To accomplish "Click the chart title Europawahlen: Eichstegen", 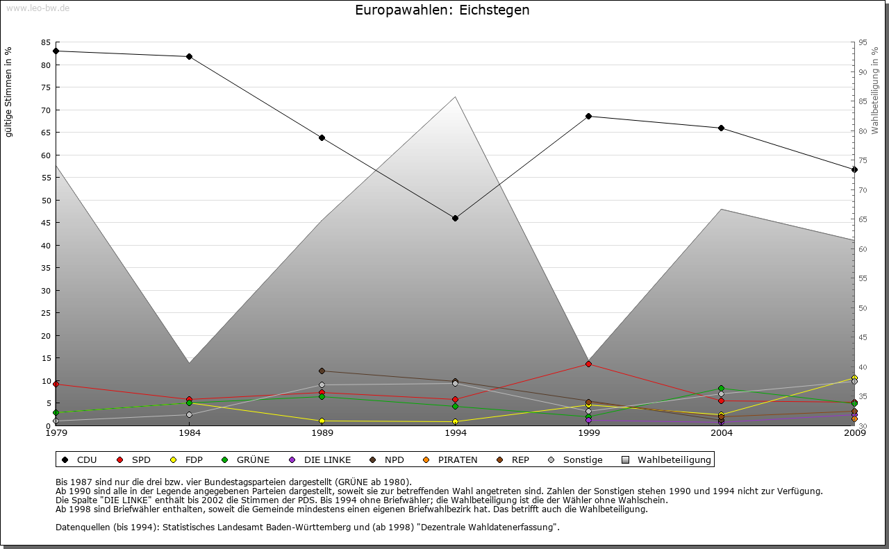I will [x=442, y=10].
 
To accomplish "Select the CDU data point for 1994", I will [x=455, y=218].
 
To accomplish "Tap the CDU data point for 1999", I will [x=588, y=116].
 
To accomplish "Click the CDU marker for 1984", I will [x=189, y=56].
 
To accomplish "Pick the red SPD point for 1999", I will [x=588, y=364].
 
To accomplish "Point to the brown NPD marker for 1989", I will [x=322, y=371].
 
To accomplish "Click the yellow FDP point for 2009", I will [x=854, y=378].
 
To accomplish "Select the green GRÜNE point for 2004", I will [x=722, y=389].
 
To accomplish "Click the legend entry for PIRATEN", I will [x=451, y=459].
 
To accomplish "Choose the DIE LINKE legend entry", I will [x=320, y=459].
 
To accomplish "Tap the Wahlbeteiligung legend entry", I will [x=666, y=459].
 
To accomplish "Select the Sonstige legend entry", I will [x=576, y=459].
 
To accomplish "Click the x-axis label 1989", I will [x=322, y=433].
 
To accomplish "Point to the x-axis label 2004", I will [x=722, y=433].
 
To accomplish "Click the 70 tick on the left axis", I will [x=46, y=110].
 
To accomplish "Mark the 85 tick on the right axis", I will [x=863, y=101].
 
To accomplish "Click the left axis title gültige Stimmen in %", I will [x=9, y=92].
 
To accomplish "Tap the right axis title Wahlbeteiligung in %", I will [x=875, y=91].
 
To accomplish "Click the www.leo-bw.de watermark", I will [x=38, y=8].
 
